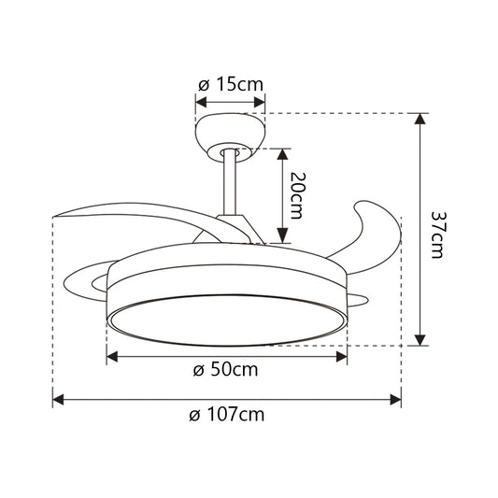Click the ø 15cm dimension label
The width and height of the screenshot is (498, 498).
pyautogui.click(x=230, y=84)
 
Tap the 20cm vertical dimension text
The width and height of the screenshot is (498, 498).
pyautogui.click(x=296, y=194)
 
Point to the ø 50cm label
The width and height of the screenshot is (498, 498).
pyautogui.click(x=225, y=369)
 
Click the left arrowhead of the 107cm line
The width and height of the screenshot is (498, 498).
pyautogui.click(x=57, y=400)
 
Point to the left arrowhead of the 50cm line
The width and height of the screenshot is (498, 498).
pyautogui.click(x=112, y=355)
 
